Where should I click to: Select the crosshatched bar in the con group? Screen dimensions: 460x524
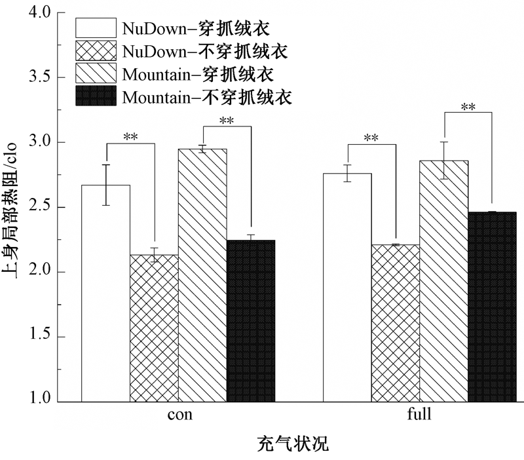154,328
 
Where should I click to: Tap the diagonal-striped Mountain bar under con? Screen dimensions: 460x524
202,275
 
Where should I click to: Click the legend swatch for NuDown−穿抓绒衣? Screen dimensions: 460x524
96,28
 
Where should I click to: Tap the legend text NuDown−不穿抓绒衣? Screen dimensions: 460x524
205,50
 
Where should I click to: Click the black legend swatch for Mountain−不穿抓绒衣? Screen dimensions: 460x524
96,96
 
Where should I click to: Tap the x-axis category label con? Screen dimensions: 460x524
180,415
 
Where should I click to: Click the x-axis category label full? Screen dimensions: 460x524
420,415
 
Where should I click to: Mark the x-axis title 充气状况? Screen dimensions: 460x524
292,444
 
